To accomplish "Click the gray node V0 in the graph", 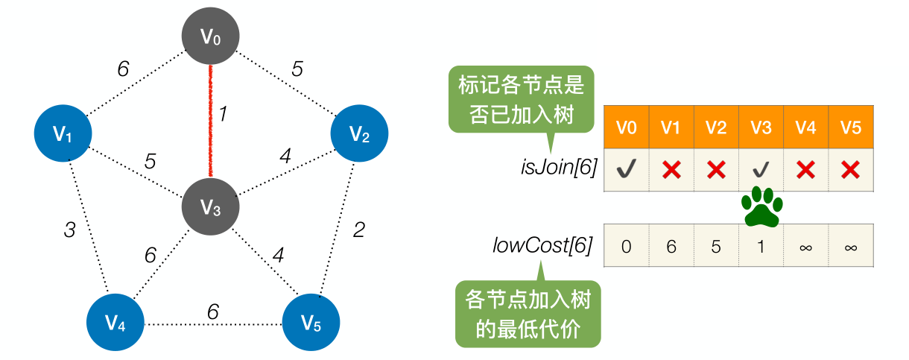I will [212, 36].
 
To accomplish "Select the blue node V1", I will [63, 134].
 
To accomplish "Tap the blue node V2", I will [360, 134].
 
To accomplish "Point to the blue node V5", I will [311, 322].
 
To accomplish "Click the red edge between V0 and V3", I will [212, 119].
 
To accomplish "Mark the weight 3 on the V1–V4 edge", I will [69, 230].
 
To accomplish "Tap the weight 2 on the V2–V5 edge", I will [358, 230].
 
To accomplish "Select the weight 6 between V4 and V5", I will [213, 312].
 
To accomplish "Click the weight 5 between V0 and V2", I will [297, 69].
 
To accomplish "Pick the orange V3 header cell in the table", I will [760, 127].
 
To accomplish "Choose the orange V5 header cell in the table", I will [849, 127].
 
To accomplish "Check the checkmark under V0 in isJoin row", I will [626, 170].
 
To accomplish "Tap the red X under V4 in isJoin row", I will [805, 170].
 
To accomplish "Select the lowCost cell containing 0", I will [626, 246].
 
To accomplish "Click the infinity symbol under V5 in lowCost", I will [849, 246].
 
